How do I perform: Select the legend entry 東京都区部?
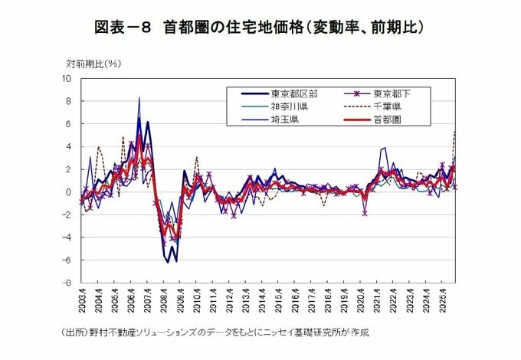pyautogui.click(x=290, y=93)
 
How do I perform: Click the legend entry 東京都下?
pyautogui.click(x=392, y=93)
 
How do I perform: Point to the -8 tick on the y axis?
pyautogui.click(x=67, y=283)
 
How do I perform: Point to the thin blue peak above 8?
pyautogui.click(x=139, y=98)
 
